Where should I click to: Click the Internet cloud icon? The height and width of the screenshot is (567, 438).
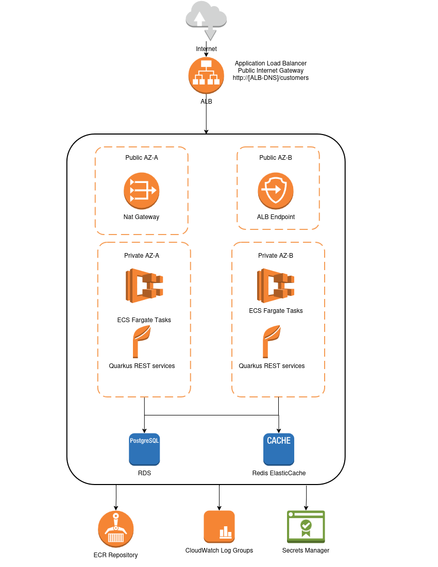pos(206,15)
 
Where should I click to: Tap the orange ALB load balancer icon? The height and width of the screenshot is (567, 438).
pos(206,75)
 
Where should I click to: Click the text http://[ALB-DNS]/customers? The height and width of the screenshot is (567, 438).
pos(271,78)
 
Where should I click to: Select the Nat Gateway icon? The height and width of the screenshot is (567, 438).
pos(141,191)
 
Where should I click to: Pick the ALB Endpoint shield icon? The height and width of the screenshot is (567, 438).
pos(276,191)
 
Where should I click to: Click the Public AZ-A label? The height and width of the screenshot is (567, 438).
pos(142,158)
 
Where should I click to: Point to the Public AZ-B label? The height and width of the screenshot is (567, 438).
pos(276,158)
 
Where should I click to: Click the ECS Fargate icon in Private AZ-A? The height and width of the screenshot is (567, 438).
pos(144,286)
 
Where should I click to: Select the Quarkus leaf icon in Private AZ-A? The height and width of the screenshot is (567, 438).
pos(141,341)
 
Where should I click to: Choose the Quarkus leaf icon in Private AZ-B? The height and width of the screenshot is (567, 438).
pos(271,341)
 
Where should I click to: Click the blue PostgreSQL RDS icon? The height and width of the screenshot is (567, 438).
pos(144,449)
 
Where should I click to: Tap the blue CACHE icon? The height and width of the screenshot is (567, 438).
pos(279,449)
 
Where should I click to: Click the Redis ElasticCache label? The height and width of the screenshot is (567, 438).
pos(279,473)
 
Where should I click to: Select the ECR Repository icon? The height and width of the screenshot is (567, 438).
pos(116,529)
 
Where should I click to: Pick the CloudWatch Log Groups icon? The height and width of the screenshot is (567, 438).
pos(219,526)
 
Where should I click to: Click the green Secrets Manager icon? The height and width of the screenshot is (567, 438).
pos(306,526)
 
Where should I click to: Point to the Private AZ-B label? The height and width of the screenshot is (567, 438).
pos(276,256)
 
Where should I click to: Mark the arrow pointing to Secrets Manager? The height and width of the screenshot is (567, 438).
pos(307,497)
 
